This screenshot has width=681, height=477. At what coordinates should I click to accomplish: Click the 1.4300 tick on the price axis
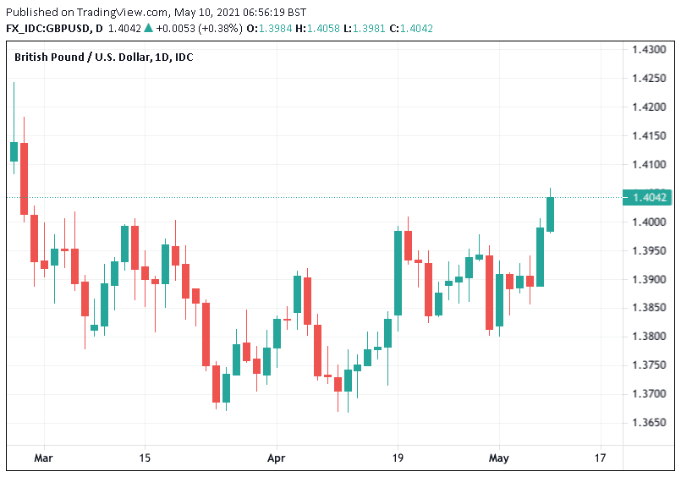click(x=649, y=50)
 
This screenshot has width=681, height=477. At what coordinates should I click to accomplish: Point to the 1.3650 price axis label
click(x=649, y=422)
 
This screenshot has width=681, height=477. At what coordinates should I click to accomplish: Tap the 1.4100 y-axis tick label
click(x=649, y=164)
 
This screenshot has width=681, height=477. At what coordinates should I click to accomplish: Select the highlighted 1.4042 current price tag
click(x=650, y=198)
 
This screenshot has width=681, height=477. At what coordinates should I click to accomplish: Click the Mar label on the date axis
click(x=43, y=458)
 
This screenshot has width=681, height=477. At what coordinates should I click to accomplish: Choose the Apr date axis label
click(x=276, y=458)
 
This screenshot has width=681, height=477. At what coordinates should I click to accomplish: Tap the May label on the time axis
click(x=498, y=458)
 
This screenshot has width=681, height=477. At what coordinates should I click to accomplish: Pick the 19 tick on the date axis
click(x=399, y=458)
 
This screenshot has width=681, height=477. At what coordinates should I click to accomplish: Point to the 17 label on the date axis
click(x=601, y=458)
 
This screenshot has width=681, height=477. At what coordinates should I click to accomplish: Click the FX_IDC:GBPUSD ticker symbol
click(x=47, y=28)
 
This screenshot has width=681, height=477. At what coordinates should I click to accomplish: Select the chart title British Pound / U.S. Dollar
click(x=79, y=57)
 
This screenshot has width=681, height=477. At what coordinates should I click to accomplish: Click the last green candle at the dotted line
click(x=550, y=214)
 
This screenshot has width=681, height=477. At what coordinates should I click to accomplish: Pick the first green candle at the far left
click(x=14, y=151)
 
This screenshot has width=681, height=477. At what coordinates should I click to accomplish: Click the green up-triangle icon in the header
click(x=149, y=28)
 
